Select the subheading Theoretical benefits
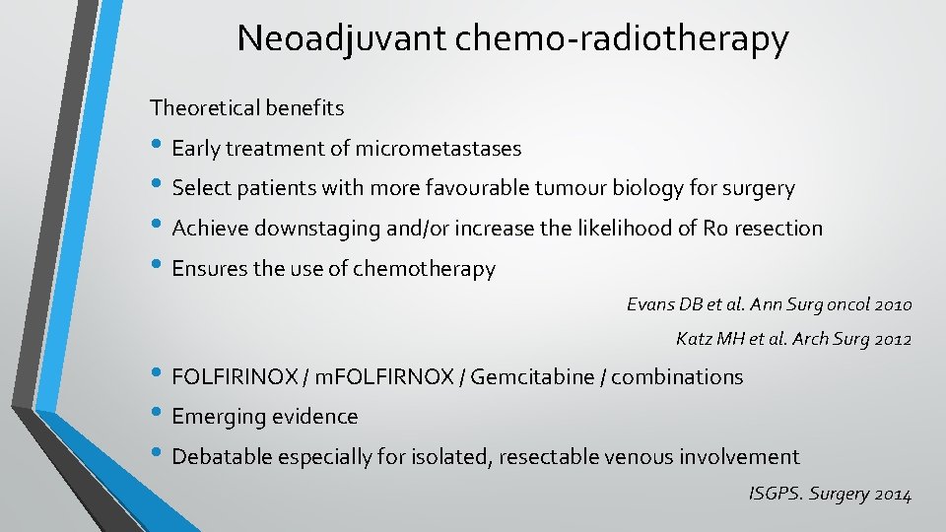246,105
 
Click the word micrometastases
439,149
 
